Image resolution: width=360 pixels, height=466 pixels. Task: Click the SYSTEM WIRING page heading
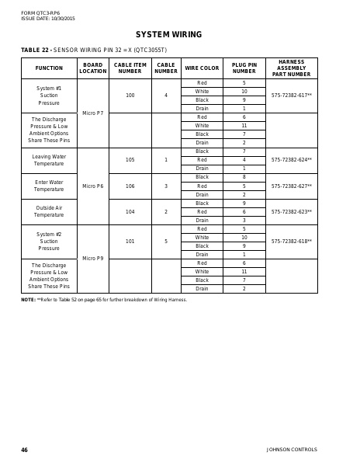tap(168, 34)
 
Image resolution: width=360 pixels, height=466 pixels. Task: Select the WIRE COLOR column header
tap(202, 68)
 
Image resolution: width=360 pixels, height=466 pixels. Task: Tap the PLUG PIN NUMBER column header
tap(244, 68)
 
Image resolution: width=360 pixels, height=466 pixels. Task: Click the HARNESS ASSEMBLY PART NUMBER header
tap(291, 68)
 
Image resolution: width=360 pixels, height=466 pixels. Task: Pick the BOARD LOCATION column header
tap(92, 68)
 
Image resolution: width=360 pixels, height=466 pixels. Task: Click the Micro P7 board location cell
tap(92, 113)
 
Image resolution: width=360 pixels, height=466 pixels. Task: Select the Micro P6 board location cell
tap(92, 186)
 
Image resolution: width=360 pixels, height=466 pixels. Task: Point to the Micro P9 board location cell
tap(92, 259)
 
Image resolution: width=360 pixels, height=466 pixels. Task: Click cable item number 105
tap(130, 160)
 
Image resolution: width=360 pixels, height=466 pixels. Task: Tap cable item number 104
tap(130, 211)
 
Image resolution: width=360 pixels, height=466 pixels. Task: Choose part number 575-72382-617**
tap(291, 96)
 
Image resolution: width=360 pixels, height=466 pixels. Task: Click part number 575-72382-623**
tap(291, 211)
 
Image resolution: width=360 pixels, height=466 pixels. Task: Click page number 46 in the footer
tap(24, 450)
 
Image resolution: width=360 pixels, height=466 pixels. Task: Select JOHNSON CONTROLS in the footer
tap(292, 450)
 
